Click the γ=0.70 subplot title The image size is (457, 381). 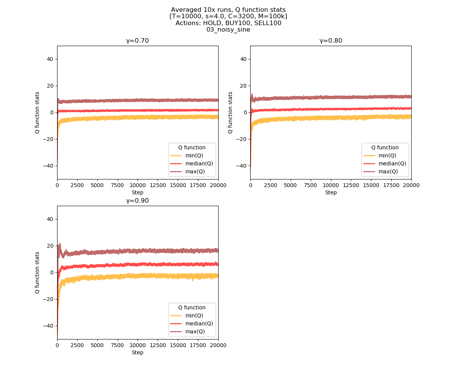[137, 41]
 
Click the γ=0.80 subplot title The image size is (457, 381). [331, 41]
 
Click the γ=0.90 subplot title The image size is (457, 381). [137, 201]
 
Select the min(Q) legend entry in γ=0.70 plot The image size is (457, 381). [195, 155]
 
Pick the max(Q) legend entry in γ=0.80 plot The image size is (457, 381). [388, 171]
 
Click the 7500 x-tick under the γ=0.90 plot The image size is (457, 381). [117, 345]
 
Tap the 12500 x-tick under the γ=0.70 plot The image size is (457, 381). [158, 185]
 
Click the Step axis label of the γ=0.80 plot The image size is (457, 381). [331, 192]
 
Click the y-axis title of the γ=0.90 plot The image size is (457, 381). [37, 272]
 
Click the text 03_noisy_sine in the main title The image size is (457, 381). [228, 30]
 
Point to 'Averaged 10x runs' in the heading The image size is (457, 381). [197, 10]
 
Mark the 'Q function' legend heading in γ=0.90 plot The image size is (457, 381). [192, 307]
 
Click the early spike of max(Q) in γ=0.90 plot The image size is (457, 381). [59, 245]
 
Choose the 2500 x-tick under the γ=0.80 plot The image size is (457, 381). [270, 185]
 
